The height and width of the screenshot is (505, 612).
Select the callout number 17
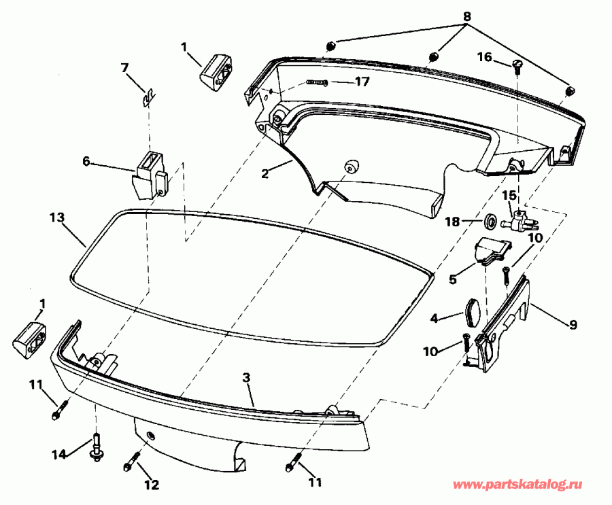362,82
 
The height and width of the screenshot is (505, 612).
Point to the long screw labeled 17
317,83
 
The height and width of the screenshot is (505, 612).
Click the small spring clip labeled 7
146,98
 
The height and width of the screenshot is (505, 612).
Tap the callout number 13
57,217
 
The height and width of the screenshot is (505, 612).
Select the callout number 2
265,173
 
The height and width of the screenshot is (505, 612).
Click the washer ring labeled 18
489,222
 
